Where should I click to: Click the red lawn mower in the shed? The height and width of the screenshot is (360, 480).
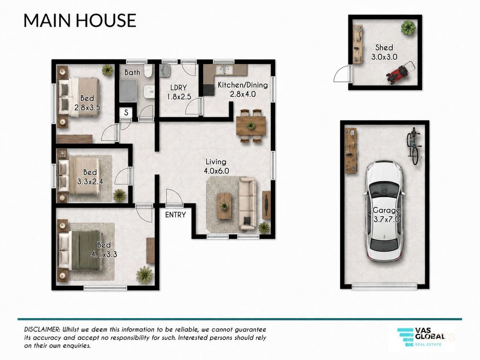click(x=400, y=73)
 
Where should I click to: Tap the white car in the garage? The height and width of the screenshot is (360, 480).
click(x=384, y=211)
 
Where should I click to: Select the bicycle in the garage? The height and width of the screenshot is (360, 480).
click(x=413, y=146)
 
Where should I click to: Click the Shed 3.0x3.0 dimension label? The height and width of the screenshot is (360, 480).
click(x=384, y=52)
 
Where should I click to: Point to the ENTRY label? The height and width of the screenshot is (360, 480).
click(x=175, y=215)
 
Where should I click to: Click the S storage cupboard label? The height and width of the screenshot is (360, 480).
click(x=126, y=112)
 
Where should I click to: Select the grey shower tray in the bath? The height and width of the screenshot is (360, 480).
click(x=128, y=90)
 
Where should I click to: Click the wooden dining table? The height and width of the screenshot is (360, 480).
click(x=251, y=126)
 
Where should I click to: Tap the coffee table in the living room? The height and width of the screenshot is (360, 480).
click(x=224, y=206)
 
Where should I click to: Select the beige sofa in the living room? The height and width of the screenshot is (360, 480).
click(x=247, y=204)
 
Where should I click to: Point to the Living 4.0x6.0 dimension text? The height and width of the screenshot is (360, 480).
click(x=216, y=166)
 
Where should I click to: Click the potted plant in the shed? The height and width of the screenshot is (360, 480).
click(x=408, y=28)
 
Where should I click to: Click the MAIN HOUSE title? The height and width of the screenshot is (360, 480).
click(x=80, y=20)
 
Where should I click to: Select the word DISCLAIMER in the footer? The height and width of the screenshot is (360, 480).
click(x=42, y=329)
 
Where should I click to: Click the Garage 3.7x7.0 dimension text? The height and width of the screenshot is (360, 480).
click(x=386, y=215)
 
